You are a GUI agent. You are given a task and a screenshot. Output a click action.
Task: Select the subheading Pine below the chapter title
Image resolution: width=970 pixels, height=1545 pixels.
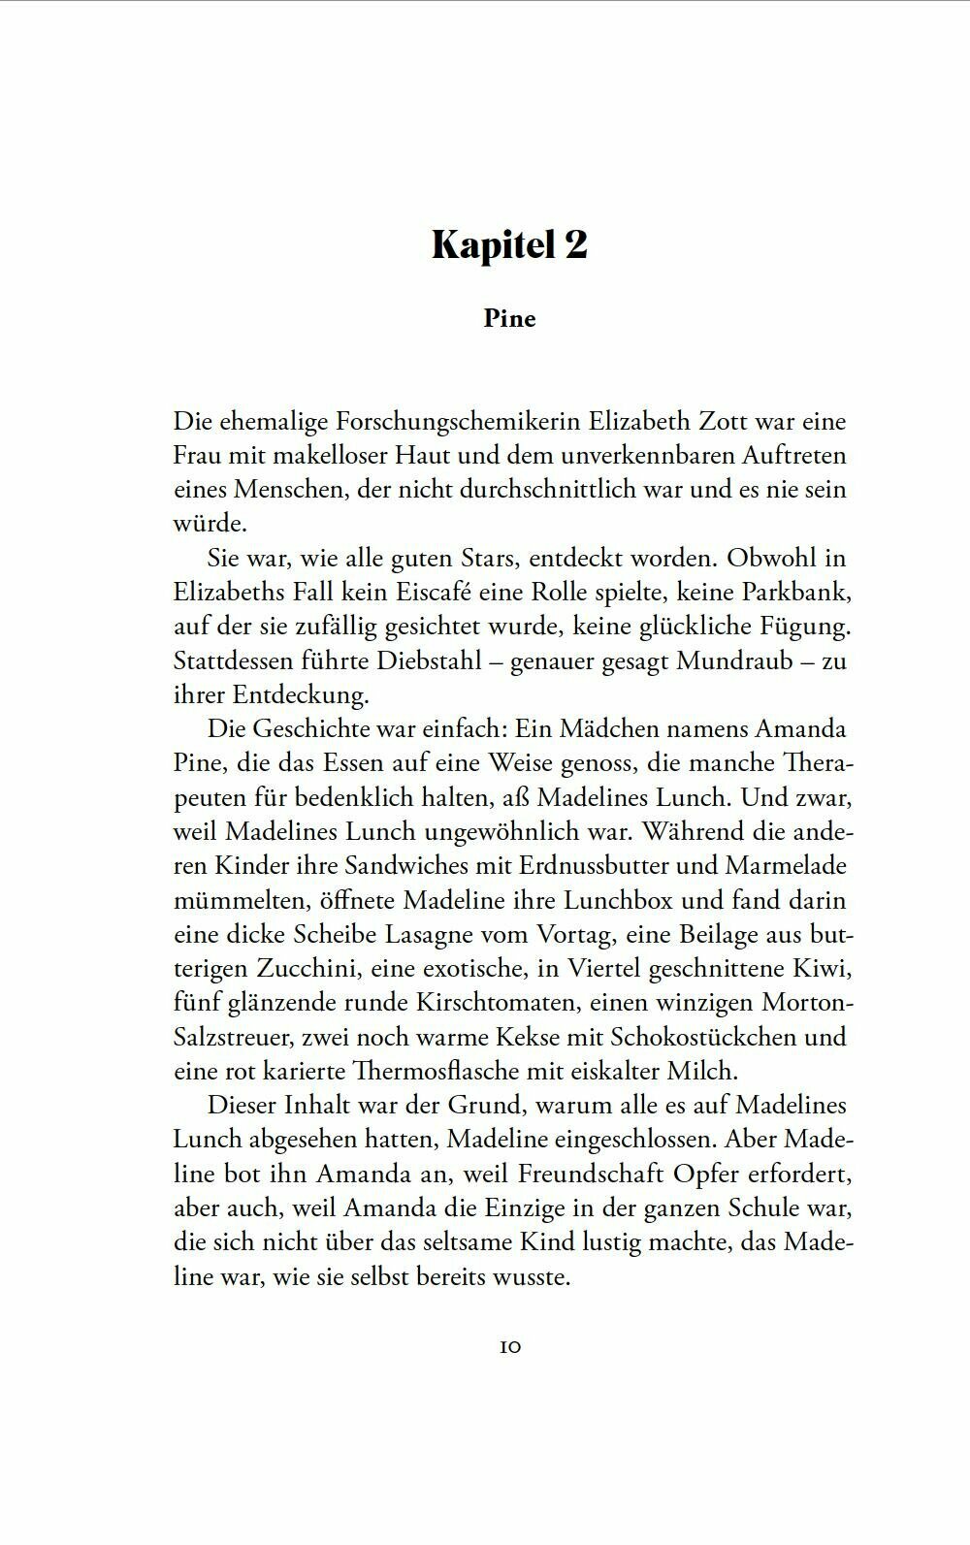(x=509, y=319)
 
